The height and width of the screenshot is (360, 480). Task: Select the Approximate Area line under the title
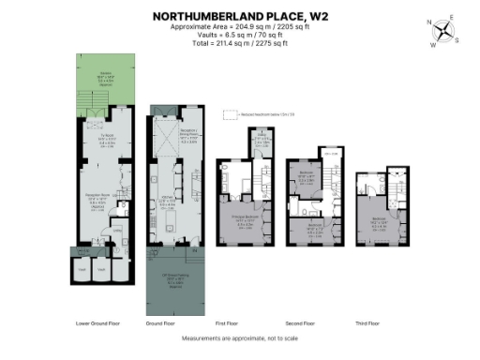[x=240, y=27]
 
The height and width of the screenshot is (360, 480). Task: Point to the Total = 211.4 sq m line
[x=240, y=43]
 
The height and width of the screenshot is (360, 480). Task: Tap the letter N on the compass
[x=429, y=22]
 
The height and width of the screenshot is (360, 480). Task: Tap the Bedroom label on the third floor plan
[x=379, y=222]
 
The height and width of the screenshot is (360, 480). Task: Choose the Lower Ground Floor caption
[x=97, y=323]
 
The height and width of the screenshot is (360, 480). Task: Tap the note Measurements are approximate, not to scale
[x=240, y=338]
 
